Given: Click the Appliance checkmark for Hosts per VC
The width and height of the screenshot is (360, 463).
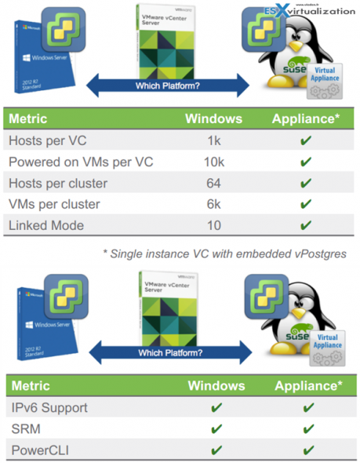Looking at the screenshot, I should [306, 141].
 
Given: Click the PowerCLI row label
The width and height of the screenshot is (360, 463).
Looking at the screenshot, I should [38, 448].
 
